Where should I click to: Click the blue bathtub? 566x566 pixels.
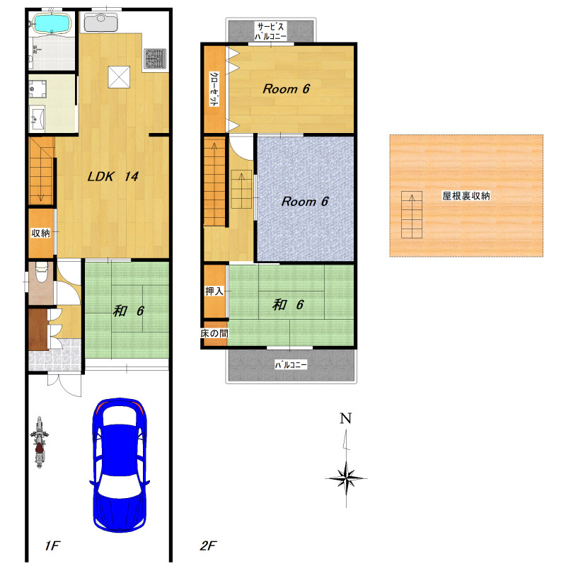(52, 23)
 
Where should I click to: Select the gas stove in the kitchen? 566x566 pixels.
(155, 59)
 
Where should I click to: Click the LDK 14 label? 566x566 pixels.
(113, 176)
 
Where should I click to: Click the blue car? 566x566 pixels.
(120, 465)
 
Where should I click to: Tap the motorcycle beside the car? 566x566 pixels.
(40, 442)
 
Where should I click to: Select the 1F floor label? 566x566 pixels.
(52, 545)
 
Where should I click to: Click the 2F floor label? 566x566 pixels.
(208, 545)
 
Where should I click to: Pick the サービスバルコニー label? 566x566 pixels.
(270, 31)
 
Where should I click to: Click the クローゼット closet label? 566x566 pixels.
(214, 89)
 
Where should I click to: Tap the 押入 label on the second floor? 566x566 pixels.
(214, 291)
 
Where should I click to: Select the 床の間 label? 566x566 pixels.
(214, 333)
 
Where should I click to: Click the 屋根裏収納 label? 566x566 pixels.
(466, 196)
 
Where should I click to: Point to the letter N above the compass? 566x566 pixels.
(346, 418)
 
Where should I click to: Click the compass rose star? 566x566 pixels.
(346, 479)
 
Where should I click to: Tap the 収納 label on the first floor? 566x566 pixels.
(40, 233)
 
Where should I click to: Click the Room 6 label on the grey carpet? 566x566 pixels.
(305, 202)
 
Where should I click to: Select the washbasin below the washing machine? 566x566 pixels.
(37, 117)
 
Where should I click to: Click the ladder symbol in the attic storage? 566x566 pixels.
(412, 215)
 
